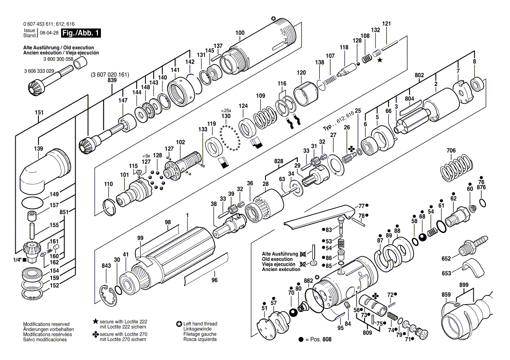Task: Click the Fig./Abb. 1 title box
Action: pos(81,33)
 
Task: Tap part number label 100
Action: pos(240,33)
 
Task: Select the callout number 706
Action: pos(451,151)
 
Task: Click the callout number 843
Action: pos(107,265)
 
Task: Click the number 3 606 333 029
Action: pos(39,71)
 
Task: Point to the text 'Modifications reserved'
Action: pos(46,324)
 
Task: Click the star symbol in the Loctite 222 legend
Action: pos(95,321)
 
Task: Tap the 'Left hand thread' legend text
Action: pos(200,324)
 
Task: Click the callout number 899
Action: pos(464,285)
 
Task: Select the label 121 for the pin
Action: pos(386,24)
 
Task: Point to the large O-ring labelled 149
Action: pos(32,203)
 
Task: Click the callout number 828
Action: pos(279,161)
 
